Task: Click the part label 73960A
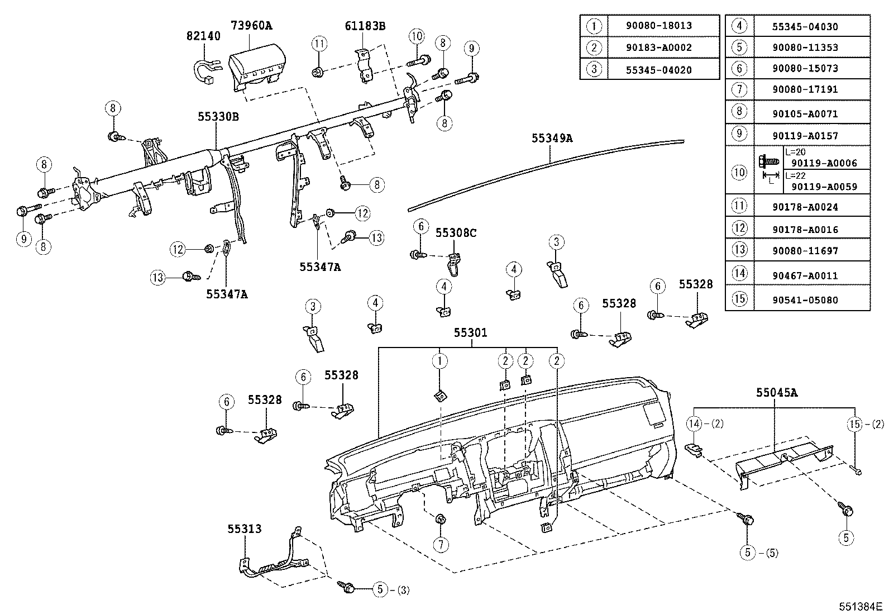(252, 25)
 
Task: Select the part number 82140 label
(203, 36)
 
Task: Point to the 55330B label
(218, 117)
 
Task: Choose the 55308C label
(456, 232)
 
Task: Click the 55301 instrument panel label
(470, 333)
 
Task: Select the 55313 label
(244, 528)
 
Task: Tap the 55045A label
(777, 393)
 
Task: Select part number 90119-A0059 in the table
(824, 187)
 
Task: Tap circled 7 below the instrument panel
(441, 544)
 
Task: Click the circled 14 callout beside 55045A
(694, 423)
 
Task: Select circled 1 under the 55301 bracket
(440, 361)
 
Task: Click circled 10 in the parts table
(739, 172)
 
